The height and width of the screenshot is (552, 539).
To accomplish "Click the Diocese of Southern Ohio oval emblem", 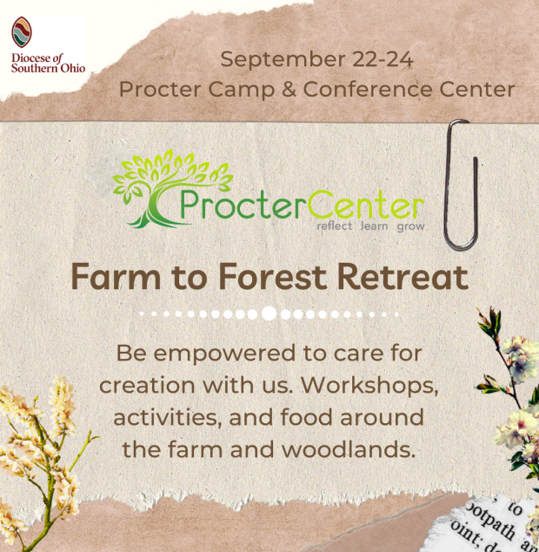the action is pos(22,32).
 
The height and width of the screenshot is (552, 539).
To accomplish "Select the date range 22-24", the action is pos(383,59).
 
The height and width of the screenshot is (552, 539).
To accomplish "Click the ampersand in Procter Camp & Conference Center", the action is pos(289,89).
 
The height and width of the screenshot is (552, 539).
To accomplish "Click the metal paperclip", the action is pos(462,185).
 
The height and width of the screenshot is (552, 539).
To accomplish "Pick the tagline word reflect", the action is pos(335,226).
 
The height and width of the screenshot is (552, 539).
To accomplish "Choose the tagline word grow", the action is pos(410,227).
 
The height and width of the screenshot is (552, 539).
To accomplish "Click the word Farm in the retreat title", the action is pos(116,277).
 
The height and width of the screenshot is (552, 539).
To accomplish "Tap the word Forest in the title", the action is pos(272,277).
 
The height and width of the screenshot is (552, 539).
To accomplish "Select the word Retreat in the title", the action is pos(403,277).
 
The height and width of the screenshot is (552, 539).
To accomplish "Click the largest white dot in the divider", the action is pos(269,313).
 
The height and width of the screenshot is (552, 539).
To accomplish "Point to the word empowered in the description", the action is pos(224,354).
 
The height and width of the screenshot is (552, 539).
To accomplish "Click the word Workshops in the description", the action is pos(369,386).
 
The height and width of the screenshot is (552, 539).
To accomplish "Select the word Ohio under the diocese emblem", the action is pos(73,68).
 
